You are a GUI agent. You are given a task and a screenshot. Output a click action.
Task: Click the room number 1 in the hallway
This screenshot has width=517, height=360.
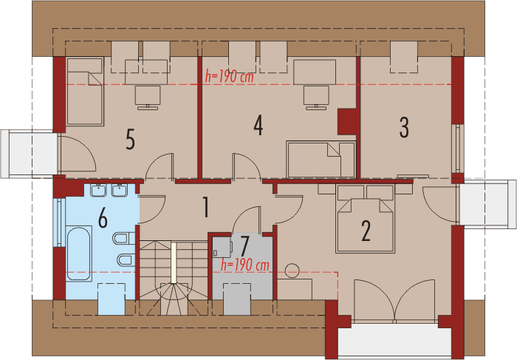207,208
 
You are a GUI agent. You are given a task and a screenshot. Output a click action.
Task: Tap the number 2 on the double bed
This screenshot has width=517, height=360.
365,231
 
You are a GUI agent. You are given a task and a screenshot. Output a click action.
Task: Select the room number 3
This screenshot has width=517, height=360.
404,127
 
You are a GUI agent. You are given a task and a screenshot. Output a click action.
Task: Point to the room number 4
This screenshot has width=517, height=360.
258,126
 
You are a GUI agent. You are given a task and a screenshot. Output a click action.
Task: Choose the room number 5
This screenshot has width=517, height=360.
130,139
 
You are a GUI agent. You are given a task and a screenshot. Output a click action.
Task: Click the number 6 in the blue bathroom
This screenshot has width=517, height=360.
103,218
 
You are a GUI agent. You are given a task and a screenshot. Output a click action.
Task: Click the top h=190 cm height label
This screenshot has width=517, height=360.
230,77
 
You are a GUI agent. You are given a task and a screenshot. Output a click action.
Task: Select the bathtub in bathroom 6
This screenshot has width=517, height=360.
80,254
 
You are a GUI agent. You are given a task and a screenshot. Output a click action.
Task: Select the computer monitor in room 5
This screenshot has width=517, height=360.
148,95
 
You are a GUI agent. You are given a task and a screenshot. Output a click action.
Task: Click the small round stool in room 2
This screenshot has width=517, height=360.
293,271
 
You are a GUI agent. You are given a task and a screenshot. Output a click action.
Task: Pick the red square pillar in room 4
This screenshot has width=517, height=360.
346,120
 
